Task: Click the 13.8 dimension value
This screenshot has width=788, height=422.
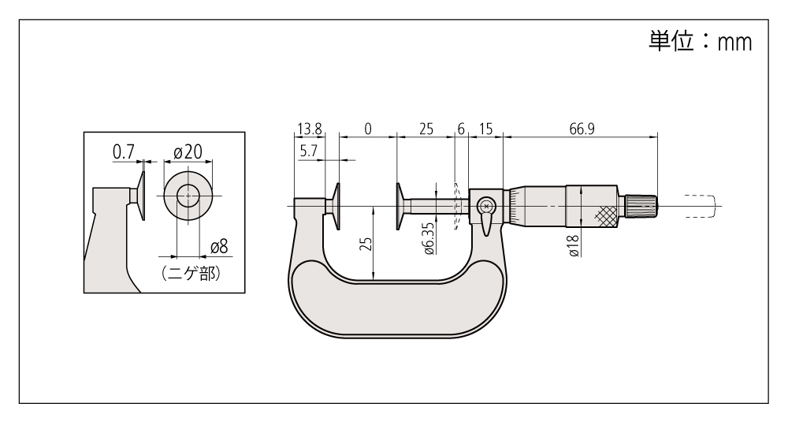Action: point(310,129)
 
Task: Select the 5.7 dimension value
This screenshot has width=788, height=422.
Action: point(308,151)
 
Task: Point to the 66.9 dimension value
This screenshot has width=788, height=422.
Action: point(582,129)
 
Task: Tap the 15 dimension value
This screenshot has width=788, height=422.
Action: point(486,129)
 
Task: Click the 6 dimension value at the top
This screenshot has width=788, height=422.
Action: point(461,129)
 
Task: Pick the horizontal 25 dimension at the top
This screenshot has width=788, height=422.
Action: point(426,129)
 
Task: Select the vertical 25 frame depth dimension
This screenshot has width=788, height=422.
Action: point(367,244)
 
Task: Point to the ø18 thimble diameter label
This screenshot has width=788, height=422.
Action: point(574,246)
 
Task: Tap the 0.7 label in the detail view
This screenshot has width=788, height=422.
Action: point(123,151)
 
